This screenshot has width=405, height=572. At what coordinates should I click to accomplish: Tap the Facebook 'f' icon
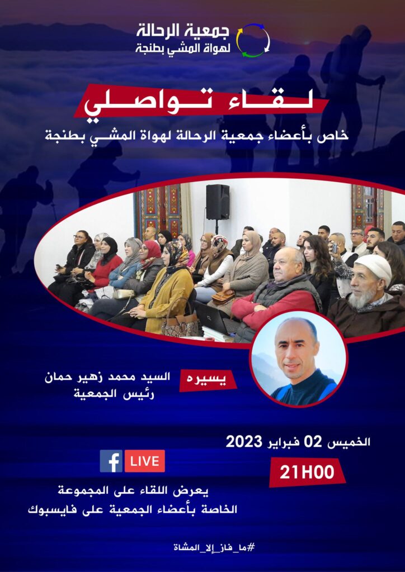pyautogui.click(x=111, y=461)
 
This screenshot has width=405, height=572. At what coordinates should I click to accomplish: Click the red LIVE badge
pyautogui.click(x=145, y=461)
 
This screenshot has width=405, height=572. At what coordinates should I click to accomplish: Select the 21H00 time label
pyautogui.click(x=307, y=473)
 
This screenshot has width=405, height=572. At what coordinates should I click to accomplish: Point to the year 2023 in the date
pyautogui.click(x=244, y=442)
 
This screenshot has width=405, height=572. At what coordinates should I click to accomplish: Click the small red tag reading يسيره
pyautogui.click(x=208, y=380)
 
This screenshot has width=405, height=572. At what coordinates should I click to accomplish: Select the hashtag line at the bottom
pyautogui.click(x=214, y=547)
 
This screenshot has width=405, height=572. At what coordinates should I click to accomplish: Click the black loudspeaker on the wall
pyautogui.click(x=218, y=202)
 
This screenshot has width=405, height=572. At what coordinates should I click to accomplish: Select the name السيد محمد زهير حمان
pyautogui.click(x=107, y=378)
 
